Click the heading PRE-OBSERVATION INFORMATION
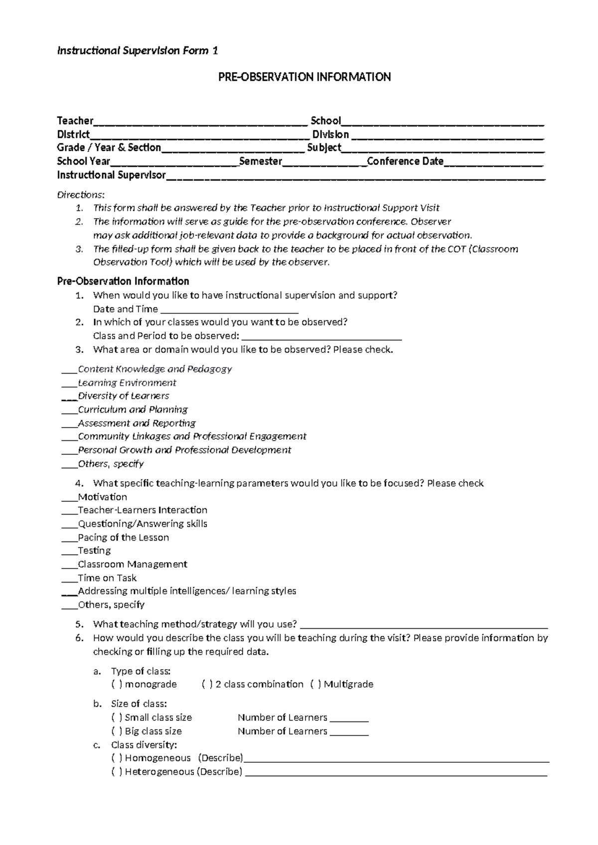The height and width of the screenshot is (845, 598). (x=304, y=77)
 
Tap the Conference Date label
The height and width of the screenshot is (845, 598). (x=405, y=161)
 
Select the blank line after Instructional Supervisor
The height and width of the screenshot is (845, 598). (x=356, y=176)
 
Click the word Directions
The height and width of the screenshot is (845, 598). (x=81, y=194)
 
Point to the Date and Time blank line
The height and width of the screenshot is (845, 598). (x=229, y=310)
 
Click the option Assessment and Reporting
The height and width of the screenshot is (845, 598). (x=137, y=423)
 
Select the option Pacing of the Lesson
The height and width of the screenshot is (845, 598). (x=123, y=538)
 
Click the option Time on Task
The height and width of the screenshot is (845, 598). (x=107, y=578)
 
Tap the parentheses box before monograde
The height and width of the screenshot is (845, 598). (x=117, y=685)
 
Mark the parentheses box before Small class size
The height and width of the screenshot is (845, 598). (x=117, y=718)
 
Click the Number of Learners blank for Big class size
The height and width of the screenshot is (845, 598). (x=349, y=732)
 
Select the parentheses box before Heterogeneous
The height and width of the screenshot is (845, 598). (x=117, y=772)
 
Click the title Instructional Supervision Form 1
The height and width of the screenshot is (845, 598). (x=138, y=51)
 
